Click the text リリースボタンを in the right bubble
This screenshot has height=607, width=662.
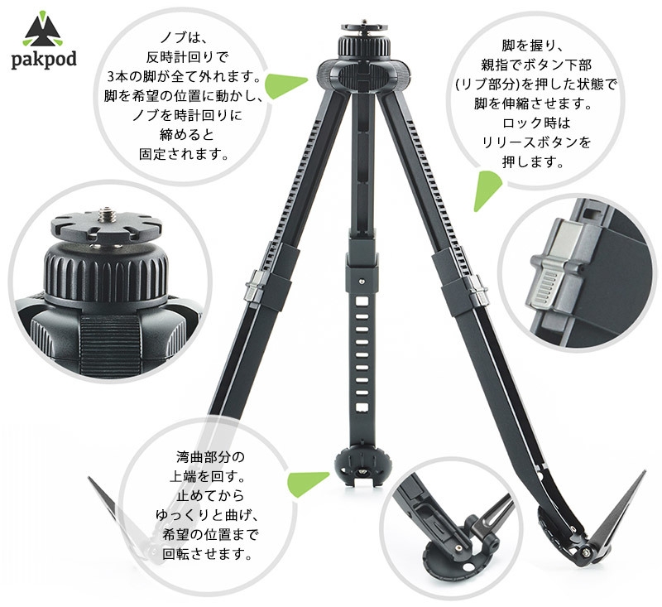pyautogui.click(x=537, y=142)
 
